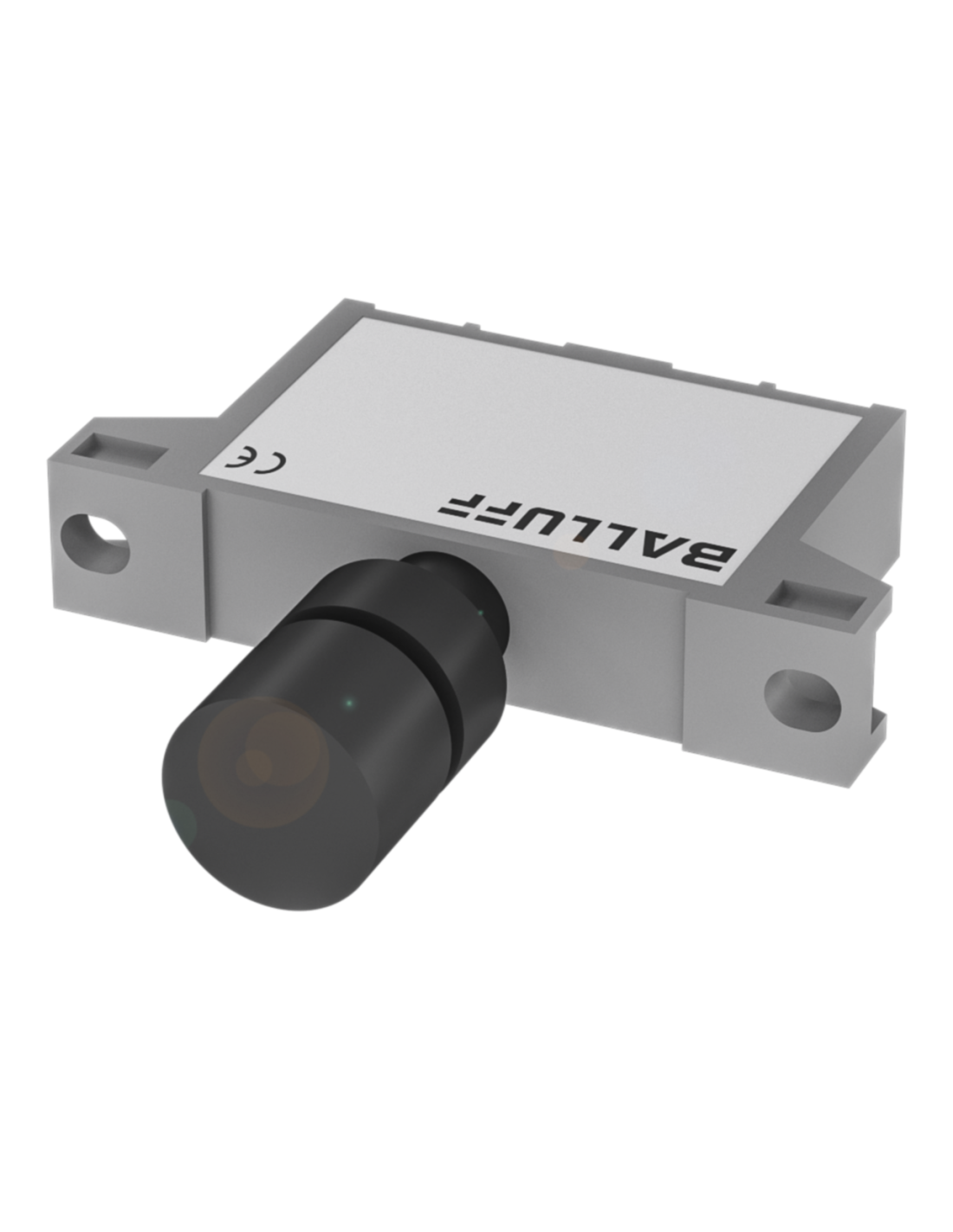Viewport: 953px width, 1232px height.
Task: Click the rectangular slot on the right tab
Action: pos(816,599)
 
